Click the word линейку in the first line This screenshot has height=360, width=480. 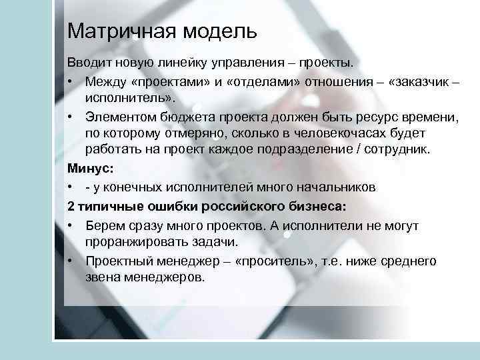(x=182, y=63)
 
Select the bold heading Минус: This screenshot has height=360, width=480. (x=87, y=169)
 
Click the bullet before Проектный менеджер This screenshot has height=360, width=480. (x=70, y=261)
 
